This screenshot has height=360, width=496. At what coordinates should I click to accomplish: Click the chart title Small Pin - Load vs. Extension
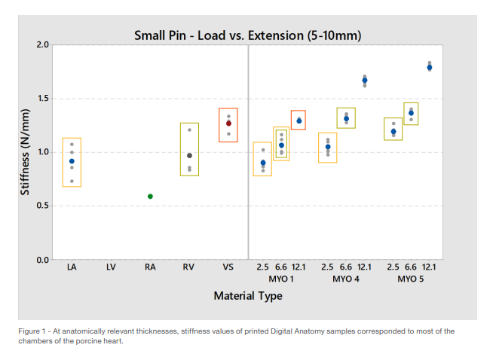[247, 35]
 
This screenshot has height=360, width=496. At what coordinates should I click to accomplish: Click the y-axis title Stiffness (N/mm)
[25, 153]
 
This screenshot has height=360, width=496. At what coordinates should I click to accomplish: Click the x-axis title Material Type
[247, 296]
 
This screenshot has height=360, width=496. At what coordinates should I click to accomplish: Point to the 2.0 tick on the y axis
[42, 45]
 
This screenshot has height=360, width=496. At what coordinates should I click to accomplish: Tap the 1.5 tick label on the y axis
[42, 99]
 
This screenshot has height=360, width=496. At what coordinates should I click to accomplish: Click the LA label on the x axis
[72, 267]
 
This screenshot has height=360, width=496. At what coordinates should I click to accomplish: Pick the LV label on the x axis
[111, 267]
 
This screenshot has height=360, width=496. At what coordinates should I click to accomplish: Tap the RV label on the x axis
[188, 267]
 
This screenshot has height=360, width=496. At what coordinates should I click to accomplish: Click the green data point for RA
[150, 197]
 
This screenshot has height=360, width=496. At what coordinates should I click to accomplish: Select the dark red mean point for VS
[228, 123]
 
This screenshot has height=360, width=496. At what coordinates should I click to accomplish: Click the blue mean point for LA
[72, 161]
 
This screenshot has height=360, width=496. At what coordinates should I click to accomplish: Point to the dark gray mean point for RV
[189, 156]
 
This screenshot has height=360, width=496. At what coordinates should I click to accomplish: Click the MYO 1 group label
[280, 279]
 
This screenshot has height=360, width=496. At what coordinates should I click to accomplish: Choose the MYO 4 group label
[346, 279]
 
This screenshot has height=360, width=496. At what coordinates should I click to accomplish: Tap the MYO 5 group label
[411, 279]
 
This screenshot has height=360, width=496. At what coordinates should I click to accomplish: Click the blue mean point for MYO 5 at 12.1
[430, 67]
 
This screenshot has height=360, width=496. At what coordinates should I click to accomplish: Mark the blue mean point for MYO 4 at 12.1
[365, 81]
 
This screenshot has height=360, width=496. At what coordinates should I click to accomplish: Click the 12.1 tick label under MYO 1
[299, 267]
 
